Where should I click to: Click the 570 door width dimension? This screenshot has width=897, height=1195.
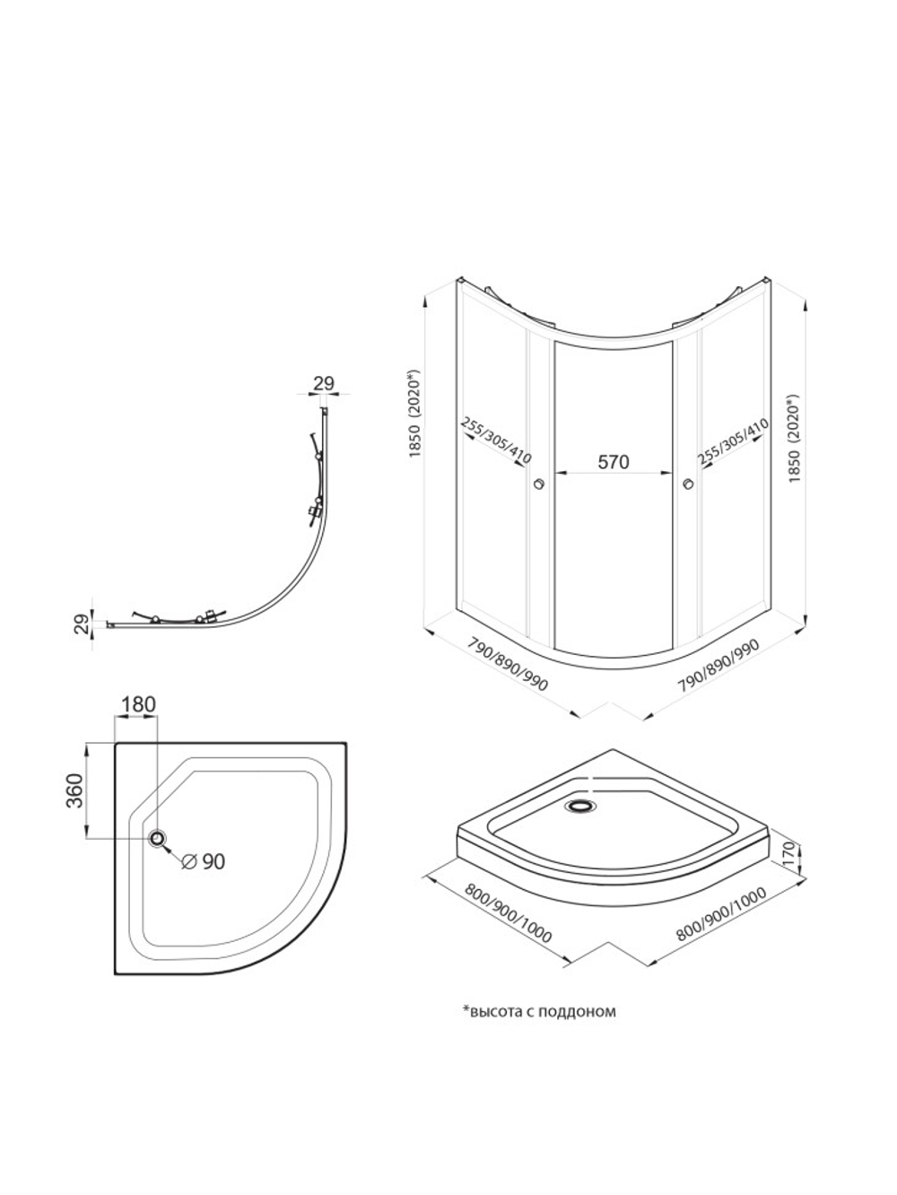[614, 462]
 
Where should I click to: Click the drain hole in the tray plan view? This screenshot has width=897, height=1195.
[158, 839]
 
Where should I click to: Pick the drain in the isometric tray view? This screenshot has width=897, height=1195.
[582, 806]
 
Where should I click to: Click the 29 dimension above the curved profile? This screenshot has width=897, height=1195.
[323, 383]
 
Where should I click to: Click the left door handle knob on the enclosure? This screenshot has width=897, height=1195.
[540, 483]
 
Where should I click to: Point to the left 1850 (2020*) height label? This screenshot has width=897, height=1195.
[415, 414]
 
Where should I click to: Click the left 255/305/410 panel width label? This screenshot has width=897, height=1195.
[496, 440]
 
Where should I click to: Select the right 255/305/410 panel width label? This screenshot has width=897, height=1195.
[733, 442]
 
